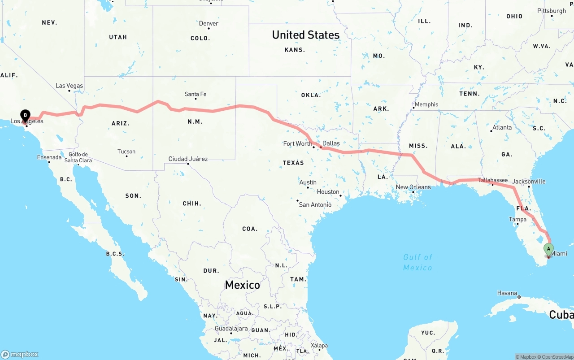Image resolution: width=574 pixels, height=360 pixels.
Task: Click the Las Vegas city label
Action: (x=69, y=86)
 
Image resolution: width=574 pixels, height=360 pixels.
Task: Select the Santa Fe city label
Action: (x=196, y=94)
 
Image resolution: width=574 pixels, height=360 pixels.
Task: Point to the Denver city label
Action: (x=209, y=23)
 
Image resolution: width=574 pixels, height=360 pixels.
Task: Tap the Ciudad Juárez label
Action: (x=188, y=159)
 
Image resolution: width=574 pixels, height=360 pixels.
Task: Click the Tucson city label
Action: (x=126, y=152)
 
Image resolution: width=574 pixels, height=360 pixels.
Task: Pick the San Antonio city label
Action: (x=315, y=205)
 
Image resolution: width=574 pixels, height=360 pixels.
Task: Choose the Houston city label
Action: (x=328, y=192)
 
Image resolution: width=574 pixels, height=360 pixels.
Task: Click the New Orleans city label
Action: (x=413, y=187)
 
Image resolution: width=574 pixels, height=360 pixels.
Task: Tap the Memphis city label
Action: (x=426, y=104)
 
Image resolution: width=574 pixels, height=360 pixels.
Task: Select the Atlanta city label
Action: (x=502, y=127)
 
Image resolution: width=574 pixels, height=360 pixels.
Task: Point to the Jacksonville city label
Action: (x=529, y=182)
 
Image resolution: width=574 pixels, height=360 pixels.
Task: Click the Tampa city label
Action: (x=517, y=220)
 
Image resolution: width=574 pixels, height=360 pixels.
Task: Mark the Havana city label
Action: (x=507, y=293)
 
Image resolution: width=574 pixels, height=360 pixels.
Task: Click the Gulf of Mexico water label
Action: (x=417, y=262)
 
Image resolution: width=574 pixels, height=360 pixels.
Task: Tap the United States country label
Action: (x=306, y=35)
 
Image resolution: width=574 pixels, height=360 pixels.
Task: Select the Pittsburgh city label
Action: (x=552, y=11)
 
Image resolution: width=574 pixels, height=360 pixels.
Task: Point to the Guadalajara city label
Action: (x=231, y=329)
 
